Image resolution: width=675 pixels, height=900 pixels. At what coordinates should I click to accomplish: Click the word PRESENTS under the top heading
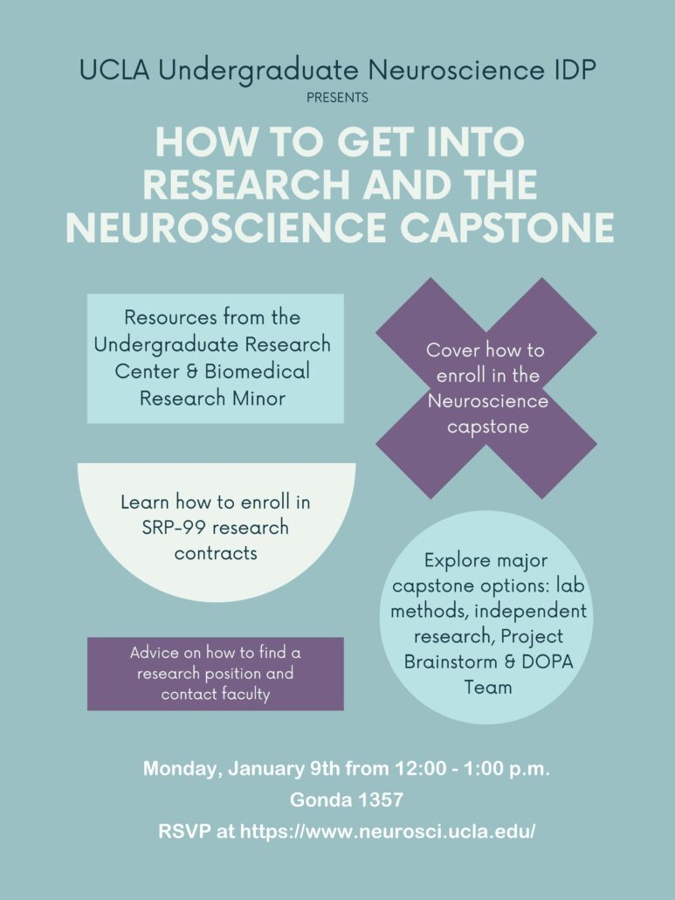[x=337, y=98]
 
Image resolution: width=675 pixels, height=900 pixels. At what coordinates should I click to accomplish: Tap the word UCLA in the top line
[x=114, y=70]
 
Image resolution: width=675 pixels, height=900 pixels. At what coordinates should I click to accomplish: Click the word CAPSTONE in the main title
[x=507, y=227]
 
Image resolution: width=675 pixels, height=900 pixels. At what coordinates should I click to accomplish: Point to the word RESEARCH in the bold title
[x=246, y=184]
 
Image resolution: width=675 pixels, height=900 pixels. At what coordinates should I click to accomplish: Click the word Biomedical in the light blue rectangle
[x=257, y=370]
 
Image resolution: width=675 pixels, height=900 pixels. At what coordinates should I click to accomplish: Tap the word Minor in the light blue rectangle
[x=258, y=398]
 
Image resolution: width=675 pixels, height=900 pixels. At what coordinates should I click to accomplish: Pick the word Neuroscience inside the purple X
[x=488, y=401]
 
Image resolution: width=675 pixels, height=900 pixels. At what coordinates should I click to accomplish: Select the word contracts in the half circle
[x=216, y=553]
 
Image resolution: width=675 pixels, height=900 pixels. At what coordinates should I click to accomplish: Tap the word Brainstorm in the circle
[x=451, y=661]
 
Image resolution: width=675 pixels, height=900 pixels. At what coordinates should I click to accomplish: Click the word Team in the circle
[x=488, y=687]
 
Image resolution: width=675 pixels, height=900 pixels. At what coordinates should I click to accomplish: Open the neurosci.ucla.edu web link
[x=387, y=832]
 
